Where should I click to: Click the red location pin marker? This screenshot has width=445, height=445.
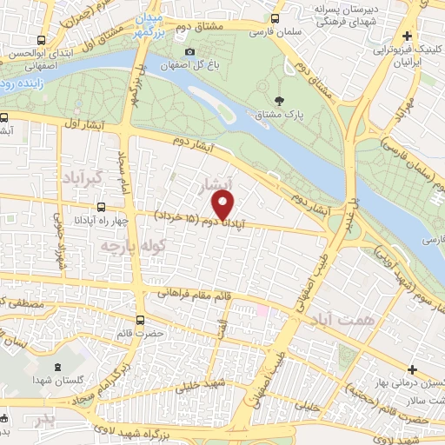224,205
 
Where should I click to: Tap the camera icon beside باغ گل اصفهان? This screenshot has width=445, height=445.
190,51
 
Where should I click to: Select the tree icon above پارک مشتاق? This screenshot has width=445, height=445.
278,102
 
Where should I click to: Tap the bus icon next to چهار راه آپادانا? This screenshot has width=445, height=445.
103,207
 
